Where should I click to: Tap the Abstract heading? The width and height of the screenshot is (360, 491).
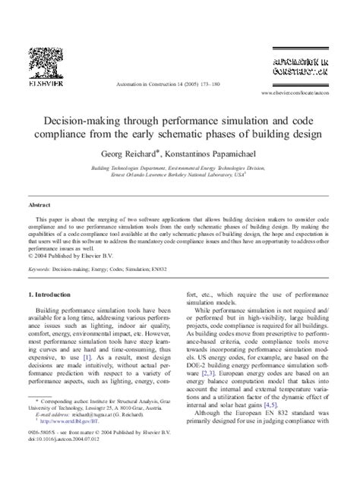coord(39,205)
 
